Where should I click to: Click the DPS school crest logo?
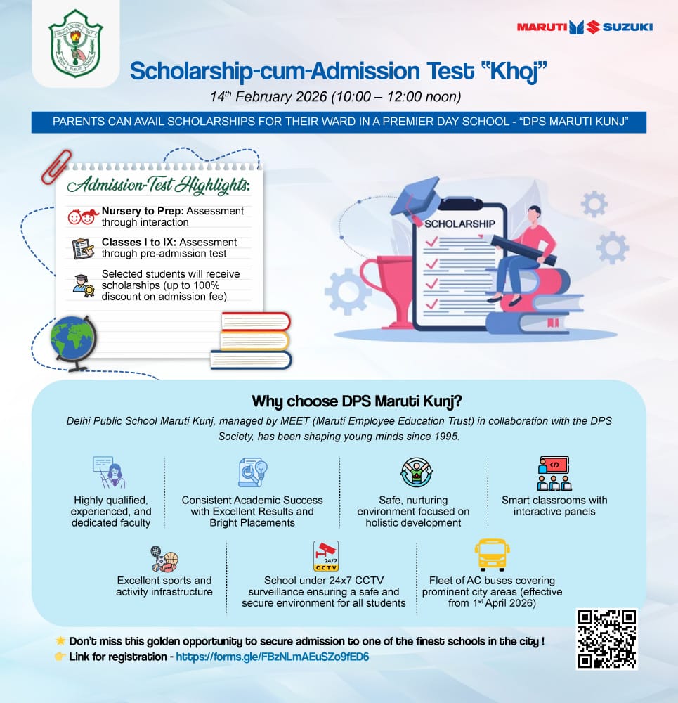[75, 44]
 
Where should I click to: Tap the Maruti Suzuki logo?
[585, 27]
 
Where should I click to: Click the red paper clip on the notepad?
[56, 166]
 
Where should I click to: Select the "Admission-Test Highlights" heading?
[158, 186]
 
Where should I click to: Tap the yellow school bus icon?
[492, 555]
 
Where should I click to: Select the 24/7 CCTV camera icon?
[325, 556]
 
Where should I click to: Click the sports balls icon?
[164, 558]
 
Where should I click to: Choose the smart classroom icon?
[554, 474]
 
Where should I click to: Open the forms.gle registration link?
[272, 656]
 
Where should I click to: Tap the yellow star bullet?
[60, 641]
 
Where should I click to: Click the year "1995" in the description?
[445, 436]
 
